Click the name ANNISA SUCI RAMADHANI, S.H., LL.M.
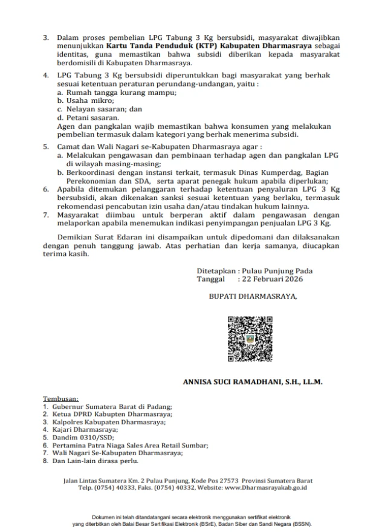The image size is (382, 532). coord(253,382)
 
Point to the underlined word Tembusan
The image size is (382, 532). coord(60,400)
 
